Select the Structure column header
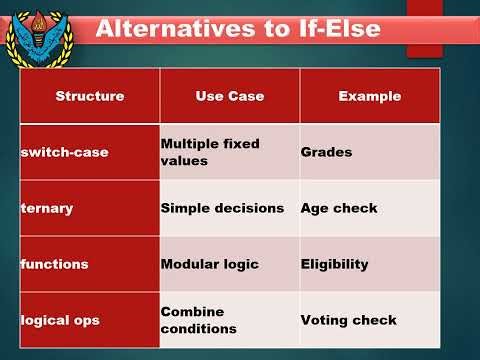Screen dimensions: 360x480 tap(90, 96)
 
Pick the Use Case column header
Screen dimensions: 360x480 tap(229, 96)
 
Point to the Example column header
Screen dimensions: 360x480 tap(370, 96)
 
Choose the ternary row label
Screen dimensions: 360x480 tap(47, 208)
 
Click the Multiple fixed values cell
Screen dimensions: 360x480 tap(210, 152)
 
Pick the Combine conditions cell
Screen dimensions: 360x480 tap(198, 320)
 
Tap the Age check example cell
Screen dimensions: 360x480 tap(339, 208)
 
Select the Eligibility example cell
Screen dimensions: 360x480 tap(334, 264)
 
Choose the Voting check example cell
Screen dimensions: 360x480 tap(348, 320)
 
